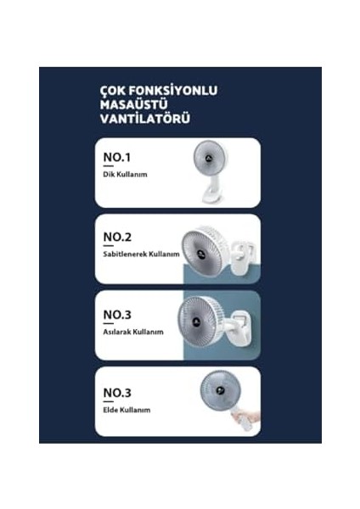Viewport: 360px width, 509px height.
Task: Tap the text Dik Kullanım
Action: tap(123, 176)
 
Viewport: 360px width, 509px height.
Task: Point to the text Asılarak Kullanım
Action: tap(132, 331)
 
